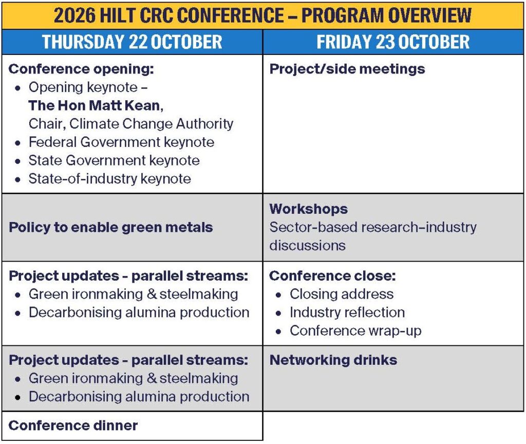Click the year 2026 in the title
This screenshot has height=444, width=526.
click(74, 15)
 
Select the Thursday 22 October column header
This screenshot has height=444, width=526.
click(132, 42)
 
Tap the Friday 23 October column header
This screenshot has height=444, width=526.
click(393, 42)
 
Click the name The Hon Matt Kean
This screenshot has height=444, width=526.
click(96, 105)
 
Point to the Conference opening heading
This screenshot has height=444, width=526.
click(81, 69)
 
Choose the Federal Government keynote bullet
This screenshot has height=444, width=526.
click(121, 142)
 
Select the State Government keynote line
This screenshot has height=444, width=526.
click(114, 160)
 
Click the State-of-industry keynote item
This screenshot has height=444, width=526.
click(110, 178)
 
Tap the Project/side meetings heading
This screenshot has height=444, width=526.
click(347, 69)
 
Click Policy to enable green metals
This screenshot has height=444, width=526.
click(111, 227)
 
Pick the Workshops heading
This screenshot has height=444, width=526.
click(309, 209)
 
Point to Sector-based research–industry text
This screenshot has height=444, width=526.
click(373, 227)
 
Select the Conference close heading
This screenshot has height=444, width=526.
click(332, 276)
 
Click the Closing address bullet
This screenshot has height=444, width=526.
click(342, 294)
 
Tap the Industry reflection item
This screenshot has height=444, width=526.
click(347, 312)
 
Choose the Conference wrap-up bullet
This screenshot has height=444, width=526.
click(355, 331)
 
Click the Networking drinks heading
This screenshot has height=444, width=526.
click(333, 360)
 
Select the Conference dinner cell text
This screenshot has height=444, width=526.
click(73, 425)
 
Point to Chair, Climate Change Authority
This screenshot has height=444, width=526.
click(131, 124)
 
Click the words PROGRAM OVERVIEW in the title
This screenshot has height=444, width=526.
click(386, 15)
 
